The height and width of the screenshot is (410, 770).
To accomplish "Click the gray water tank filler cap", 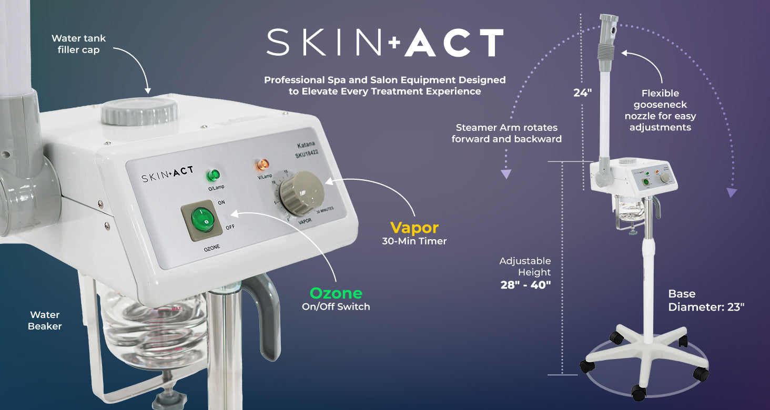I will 139,111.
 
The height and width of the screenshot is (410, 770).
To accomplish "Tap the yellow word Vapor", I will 414,228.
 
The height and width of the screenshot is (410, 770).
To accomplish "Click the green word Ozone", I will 336,293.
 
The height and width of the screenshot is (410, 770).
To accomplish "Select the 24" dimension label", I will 582,93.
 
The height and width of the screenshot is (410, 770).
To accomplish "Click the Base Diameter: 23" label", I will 706,301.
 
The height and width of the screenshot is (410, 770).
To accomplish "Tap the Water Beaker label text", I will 45,321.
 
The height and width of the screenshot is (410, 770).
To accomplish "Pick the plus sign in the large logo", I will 394,43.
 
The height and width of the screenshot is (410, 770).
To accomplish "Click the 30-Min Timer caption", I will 414,242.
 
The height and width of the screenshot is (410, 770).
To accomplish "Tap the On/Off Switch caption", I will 336,307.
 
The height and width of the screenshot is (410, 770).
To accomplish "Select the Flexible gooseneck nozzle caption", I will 660,110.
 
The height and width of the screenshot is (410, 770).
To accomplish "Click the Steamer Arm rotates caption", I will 506,134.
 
